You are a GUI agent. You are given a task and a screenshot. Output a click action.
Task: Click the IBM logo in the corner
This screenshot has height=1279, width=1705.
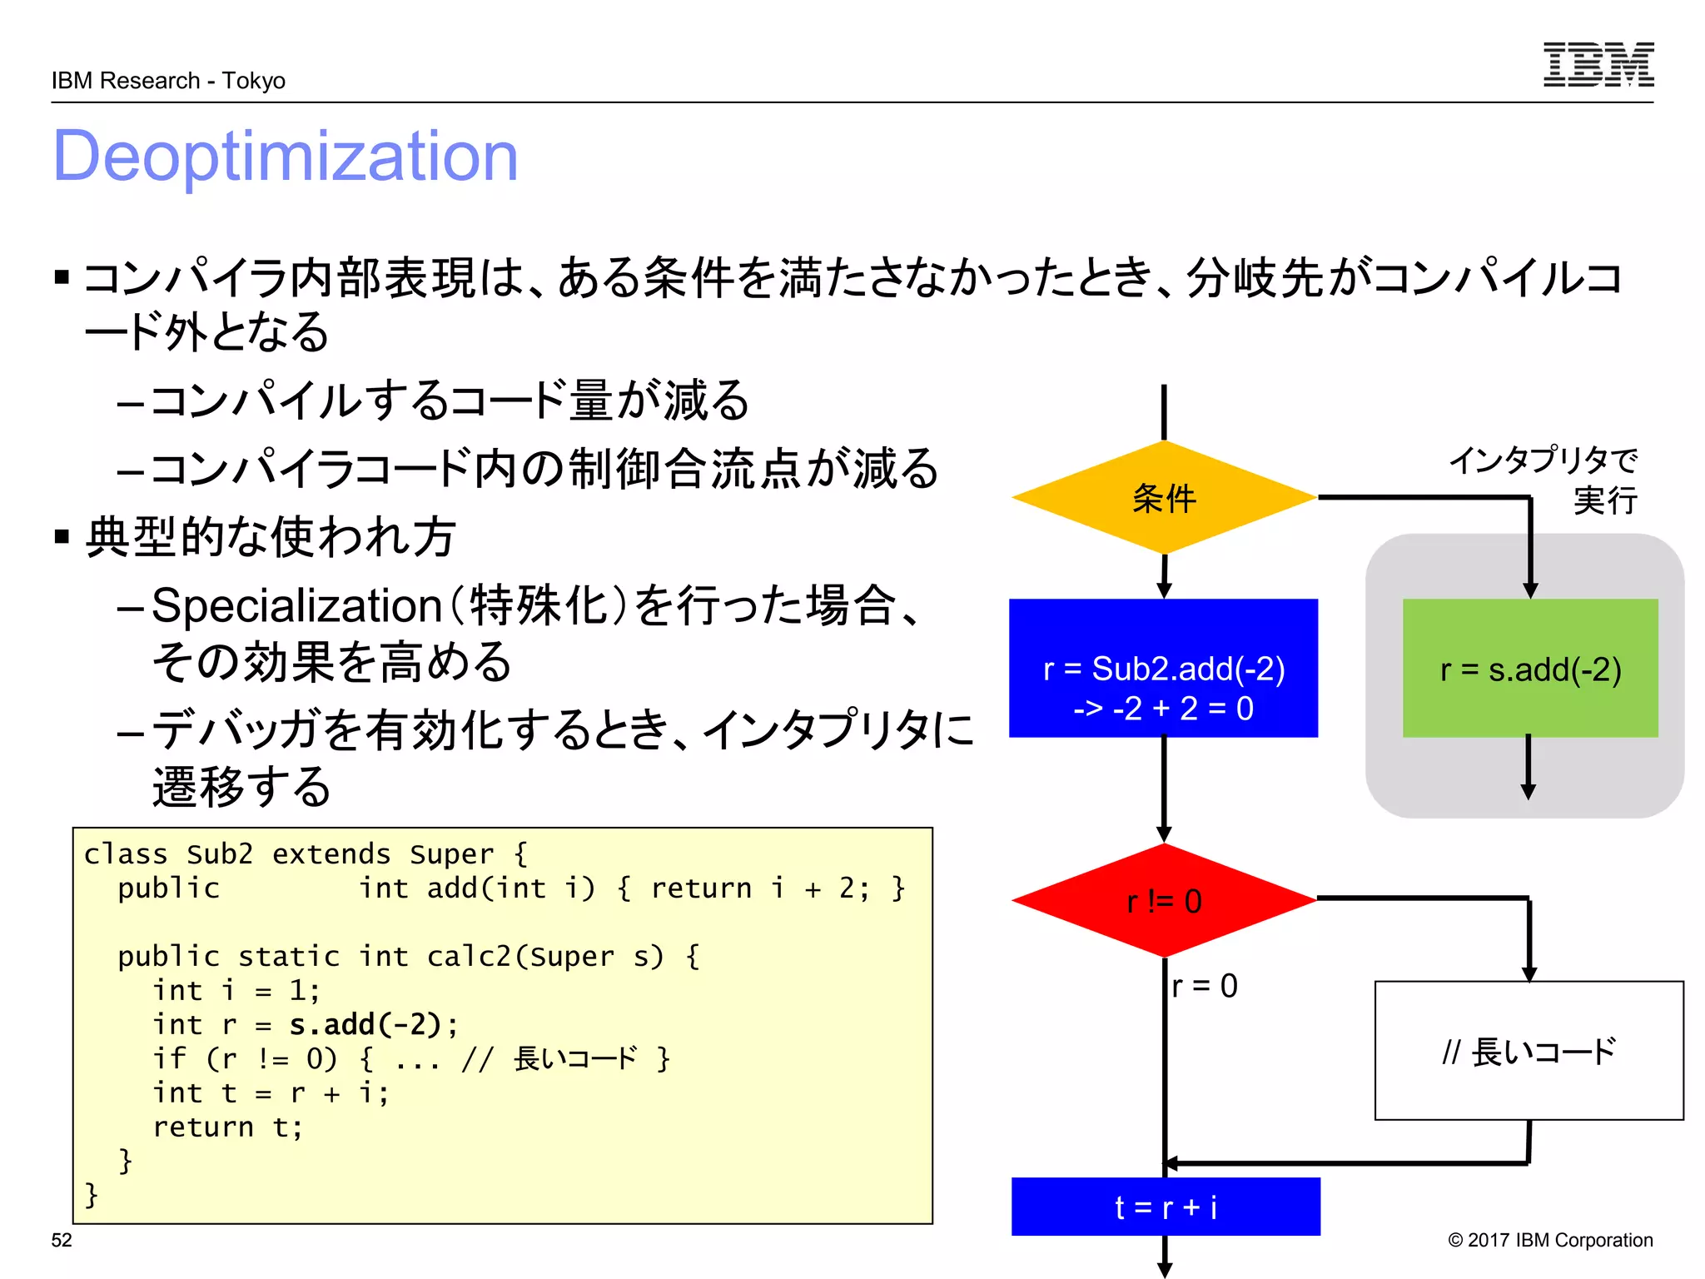(x=1598, y=64)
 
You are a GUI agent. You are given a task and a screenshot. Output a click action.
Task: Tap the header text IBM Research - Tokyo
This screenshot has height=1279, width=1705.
(x=168, y=81)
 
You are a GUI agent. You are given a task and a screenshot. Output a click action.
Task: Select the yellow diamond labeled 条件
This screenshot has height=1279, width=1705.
(x=1163, y=498)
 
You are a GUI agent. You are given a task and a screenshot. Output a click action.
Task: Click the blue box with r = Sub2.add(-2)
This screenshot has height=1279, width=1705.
(x=1163, y=668)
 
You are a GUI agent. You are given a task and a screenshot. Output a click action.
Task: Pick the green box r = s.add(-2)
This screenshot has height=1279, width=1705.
(x=1529, y=668)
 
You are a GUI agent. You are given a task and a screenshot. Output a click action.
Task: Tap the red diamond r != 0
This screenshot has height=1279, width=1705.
(x=1163, y=901)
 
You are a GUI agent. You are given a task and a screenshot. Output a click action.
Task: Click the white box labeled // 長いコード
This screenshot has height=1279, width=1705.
(x=1529, y=1051)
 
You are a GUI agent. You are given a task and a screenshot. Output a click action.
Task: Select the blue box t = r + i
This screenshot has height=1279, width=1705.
(x=1165, y=1207)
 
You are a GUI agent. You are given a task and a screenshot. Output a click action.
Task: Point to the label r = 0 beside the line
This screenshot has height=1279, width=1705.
(x=1204, y=986)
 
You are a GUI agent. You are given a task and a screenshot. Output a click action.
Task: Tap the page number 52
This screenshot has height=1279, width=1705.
(x=62, y=1240)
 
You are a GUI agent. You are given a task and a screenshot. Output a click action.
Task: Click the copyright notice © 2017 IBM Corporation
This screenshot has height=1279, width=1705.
(x=1549, y=1240)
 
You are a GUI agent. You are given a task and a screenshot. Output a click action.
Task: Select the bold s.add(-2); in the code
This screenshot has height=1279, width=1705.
(x=373, y=1024)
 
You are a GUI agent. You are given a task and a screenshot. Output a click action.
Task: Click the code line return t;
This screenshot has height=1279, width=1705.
(x=227, y=1127)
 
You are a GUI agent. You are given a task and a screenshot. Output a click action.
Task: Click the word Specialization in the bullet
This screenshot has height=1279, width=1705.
(x=296, y=605)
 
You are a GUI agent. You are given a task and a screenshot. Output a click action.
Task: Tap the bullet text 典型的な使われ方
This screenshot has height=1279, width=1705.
(x=271, y=536)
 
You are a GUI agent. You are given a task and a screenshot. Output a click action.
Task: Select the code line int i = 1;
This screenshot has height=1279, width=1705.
(x=236, y=990)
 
